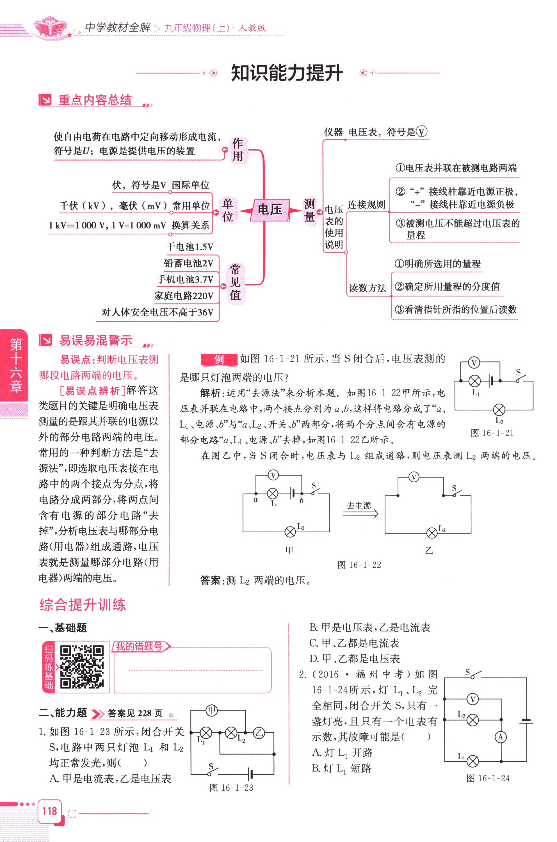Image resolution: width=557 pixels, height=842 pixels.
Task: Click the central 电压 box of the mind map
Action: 270,210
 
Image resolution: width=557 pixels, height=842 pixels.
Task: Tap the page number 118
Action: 49,811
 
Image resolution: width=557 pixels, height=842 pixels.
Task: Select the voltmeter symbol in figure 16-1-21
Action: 474,363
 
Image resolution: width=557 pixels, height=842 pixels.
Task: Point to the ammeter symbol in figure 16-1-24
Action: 501,737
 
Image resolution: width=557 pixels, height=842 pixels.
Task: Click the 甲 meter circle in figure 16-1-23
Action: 212,710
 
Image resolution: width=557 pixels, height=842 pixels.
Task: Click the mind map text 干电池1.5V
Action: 190,247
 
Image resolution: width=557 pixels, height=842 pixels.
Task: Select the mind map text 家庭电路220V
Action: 184,296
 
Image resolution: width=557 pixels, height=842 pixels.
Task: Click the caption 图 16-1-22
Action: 359,565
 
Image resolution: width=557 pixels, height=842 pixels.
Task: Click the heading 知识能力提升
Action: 287,73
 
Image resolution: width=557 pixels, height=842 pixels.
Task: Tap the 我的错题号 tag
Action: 140,647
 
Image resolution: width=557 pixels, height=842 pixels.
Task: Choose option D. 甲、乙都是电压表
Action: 355,659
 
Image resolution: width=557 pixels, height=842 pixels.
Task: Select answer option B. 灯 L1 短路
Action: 341,768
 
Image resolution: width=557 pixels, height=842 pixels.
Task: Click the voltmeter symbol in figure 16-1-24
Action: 472,700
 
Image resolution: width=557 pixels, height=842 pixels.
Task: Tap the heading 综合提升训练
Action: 83,605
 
